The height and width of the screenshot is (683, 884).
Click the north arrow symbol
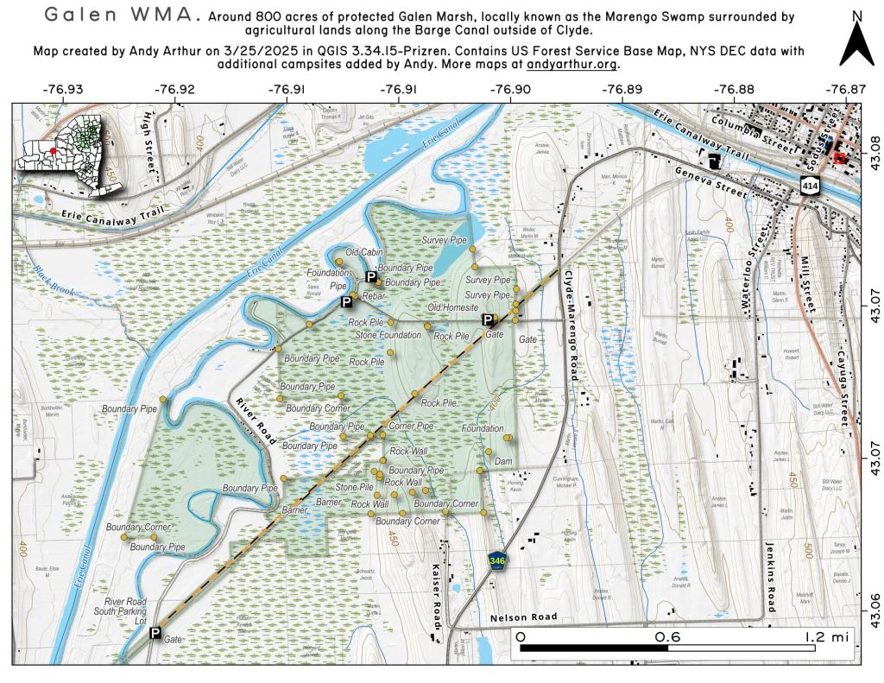coord(856,40)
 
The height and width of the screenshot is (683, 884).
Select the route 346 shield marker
coord(496,561)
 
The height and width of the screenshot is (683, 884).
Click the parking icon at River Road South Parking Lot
coord(155,634)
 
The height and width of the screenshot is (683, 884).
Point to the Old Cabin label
coord(363,252)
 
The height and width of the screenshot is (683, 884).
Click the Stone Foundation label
coord(388,334)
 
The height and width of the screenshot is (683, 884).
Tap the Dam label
coord(503,462)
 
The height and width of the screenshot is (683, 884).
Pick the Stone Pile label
coord(354,488)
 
